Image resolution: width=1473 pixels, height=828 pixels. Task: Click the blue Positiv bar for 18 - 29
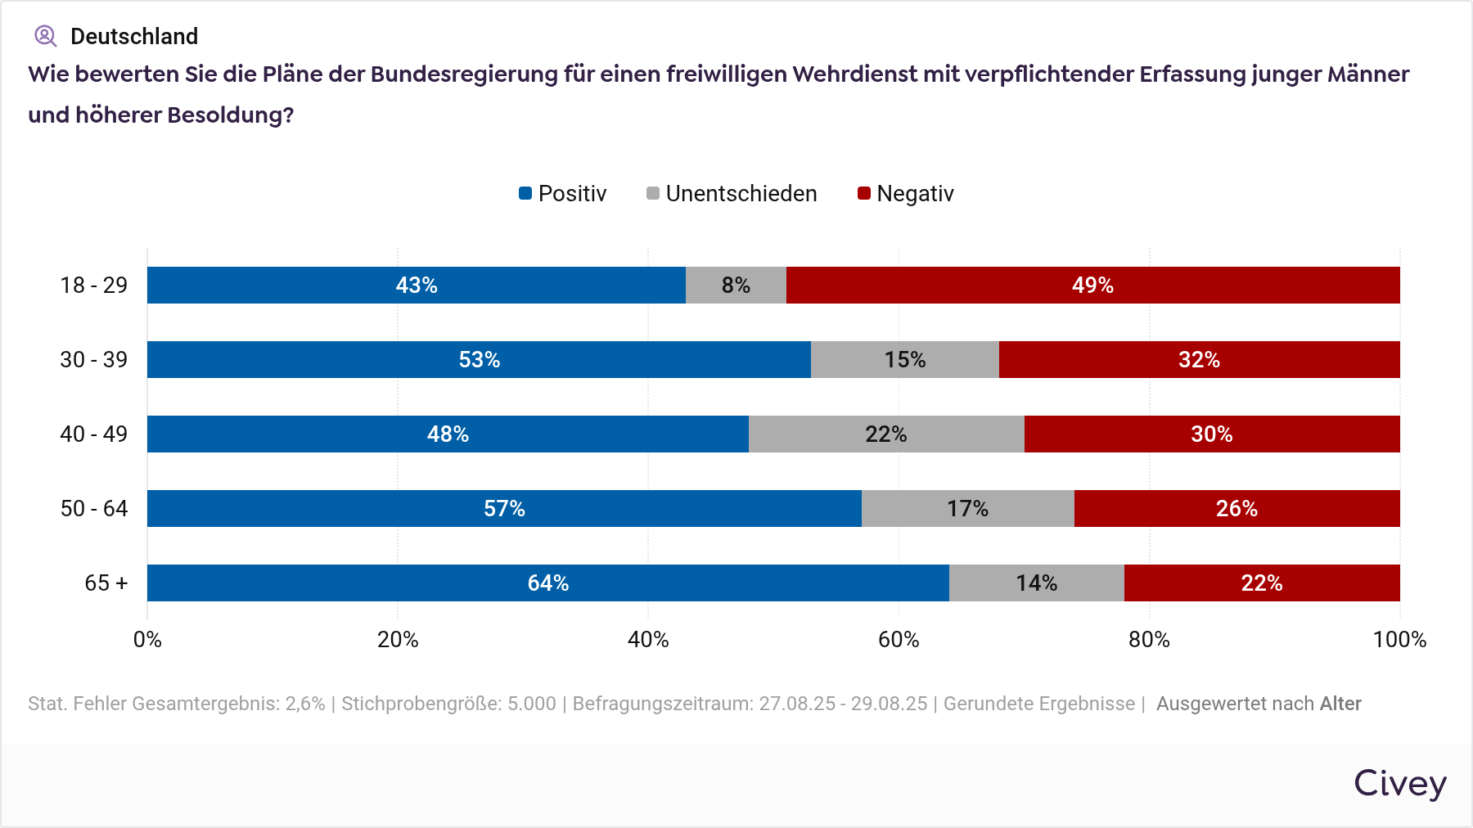pos(416,285)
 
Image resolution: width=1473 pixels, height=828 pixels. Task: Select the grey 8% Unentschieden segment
pos(736,285)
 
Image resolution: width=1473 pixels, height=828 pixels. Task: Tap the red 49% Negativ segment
pos(1092,285)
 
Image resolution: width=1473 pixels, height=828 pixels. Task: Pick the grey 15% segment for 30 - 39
pos(904,359)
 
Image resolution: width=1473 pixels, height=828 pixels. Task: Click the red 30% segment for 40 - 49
pos(1211,434)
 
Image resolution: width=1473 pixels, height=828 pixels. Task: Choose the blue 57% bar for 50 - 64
pos(504,508)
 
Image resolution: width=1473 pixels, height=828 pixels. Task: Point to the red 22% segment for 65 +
pos(1261,583)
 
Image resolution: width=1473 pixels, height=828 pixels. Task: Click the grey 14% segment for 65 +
pos(1036,583)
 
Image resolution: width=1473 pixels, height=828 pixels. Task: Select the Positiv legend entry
pos(563,194)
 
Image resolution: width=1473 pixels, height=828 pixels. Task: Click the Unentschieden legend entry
pos(732,194)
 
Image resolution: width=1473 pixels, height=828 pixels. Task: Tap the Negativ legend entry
pos(906,194)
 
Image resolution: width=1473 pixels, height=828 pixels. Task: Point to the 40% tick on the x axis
pos(648,640)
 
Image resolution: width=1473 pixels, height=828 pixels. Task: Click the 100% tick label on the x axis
pos(1399,640)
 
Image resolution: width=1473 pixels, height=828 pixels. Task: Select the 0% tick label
pos(147,640)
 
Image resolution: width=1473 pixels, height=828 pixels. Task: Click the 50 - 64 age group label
pos(94,509)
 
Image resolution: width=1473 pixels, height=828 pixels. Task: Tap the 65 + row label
pos(106,583)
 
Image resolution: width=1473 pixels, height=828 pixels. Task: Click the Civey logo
pos(1399,784)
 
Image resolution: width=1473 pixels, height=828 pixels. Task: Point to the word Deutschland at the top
pos(134,37)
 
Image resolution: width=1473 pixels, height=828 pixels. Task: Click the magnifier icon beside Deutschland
pos(45,36)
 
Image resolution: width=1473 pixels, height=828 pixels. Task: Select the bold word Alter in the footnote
pos(1340,704)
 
